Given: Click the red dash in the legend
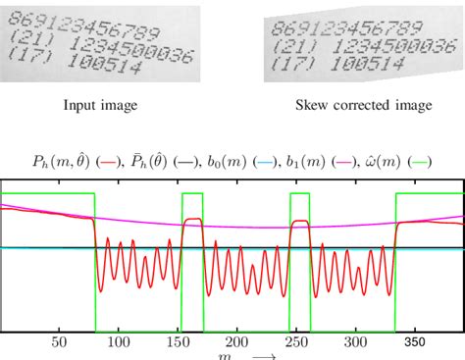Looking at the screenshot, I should tap(117, 161).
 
